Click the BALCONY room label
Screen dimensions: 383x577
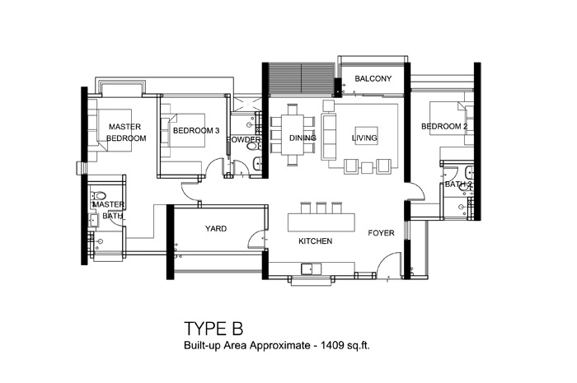click(367, 78)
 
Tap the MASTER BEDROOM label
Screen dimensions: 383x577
click(126, 133)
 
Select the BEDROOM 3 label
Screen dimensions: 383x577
click(195, 130)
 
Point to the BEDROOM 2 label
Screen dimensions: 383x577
click(444, 127)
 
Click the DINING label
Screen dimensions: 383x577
click(303, 138)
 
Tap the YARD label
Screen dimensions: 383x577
click(216, 228)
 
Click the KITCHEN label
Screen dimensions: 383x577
click(316, 241)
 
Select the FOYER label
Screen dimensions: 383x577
click(381, 233)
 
